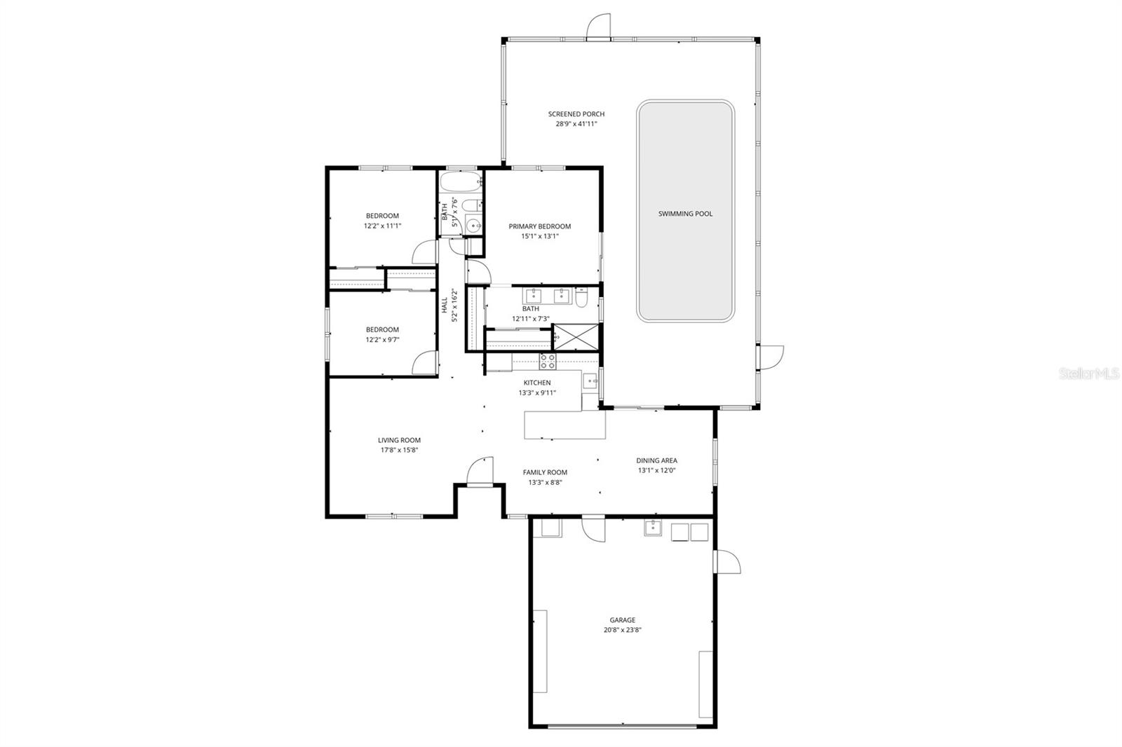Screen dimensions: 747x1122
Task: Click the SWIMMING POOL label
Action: tap(685, 214)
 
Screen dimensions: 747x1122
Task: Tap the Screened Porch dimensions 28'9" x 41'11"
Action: tap(576, 124)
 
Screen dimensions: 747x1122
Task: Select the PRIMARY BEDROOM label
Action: tap(539, 226)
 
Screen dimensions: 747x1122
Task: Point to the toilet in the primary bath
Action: tap(582, 298)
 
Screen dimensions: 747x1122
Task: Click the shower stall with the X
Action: tap(577, 337)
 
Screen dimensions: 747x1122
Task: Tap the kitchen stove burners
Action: tap(547, 362)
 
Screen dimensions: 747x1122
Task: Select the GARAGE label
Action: tap(622, 619)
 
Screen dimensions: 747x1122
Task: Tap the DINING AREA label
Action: tap(656, 460)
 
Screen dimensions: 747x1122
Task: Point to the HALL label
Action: tap(444, 306)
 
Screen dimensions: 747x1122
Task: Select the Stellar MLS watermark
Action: tap(1088, 374)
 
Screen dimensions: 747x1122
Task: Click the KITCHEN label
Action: tap(537, 383)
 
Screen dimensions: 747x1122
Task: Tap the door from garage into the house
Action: tap(593, 529)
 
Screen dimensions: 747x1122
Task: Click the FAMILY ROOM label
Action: tap(545, 472)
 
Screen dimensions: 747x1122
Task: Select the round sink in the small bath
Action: tap(474, 226)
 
